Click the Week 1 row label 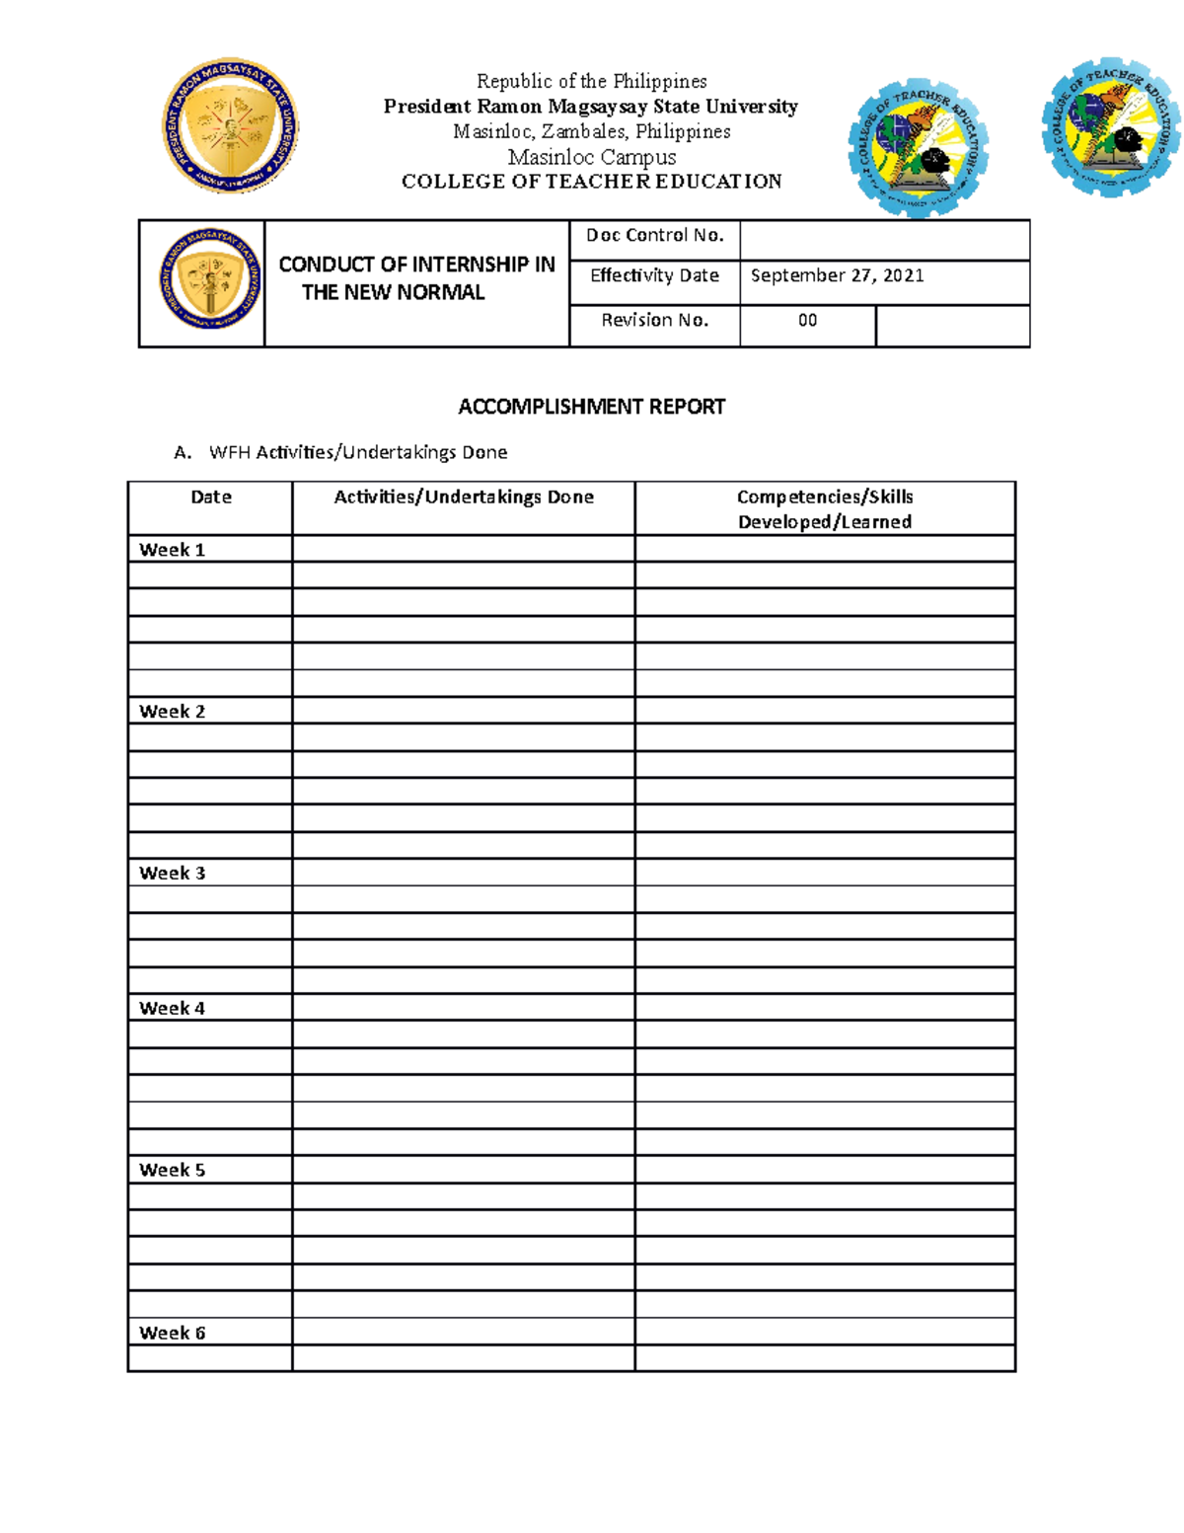(x=172, y=550)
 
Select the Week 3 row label (x=172, y=873)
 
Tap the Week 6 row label (x=172, y=1333)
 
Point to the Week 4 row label (x=172, y=1008)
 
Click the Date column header (x=210, y=498)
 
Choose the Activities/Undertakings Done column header (x=463, y=498)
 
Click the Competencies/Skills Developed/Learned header (x=824, y=509)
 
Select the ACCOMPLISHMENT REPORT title (x=591, y=407)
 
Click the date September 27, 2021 (x=837, y=275)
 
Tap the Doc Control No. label (x=654, y=235)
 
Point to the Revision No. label (x=654, y=320)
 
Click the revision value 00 (x=807, y=320)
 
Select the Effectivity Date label (x=654, y=275)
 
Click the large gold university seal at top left (x=230, y=125)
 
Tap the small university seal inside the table (x=209, y=279)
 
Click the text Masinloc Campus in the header (x=591, y=157)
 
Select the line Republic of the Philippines (x=591, y=81)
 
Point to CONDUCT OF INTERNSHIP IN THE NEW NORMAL (x=415, y=278)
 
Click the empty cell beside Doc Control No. (x=883, y=240)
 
